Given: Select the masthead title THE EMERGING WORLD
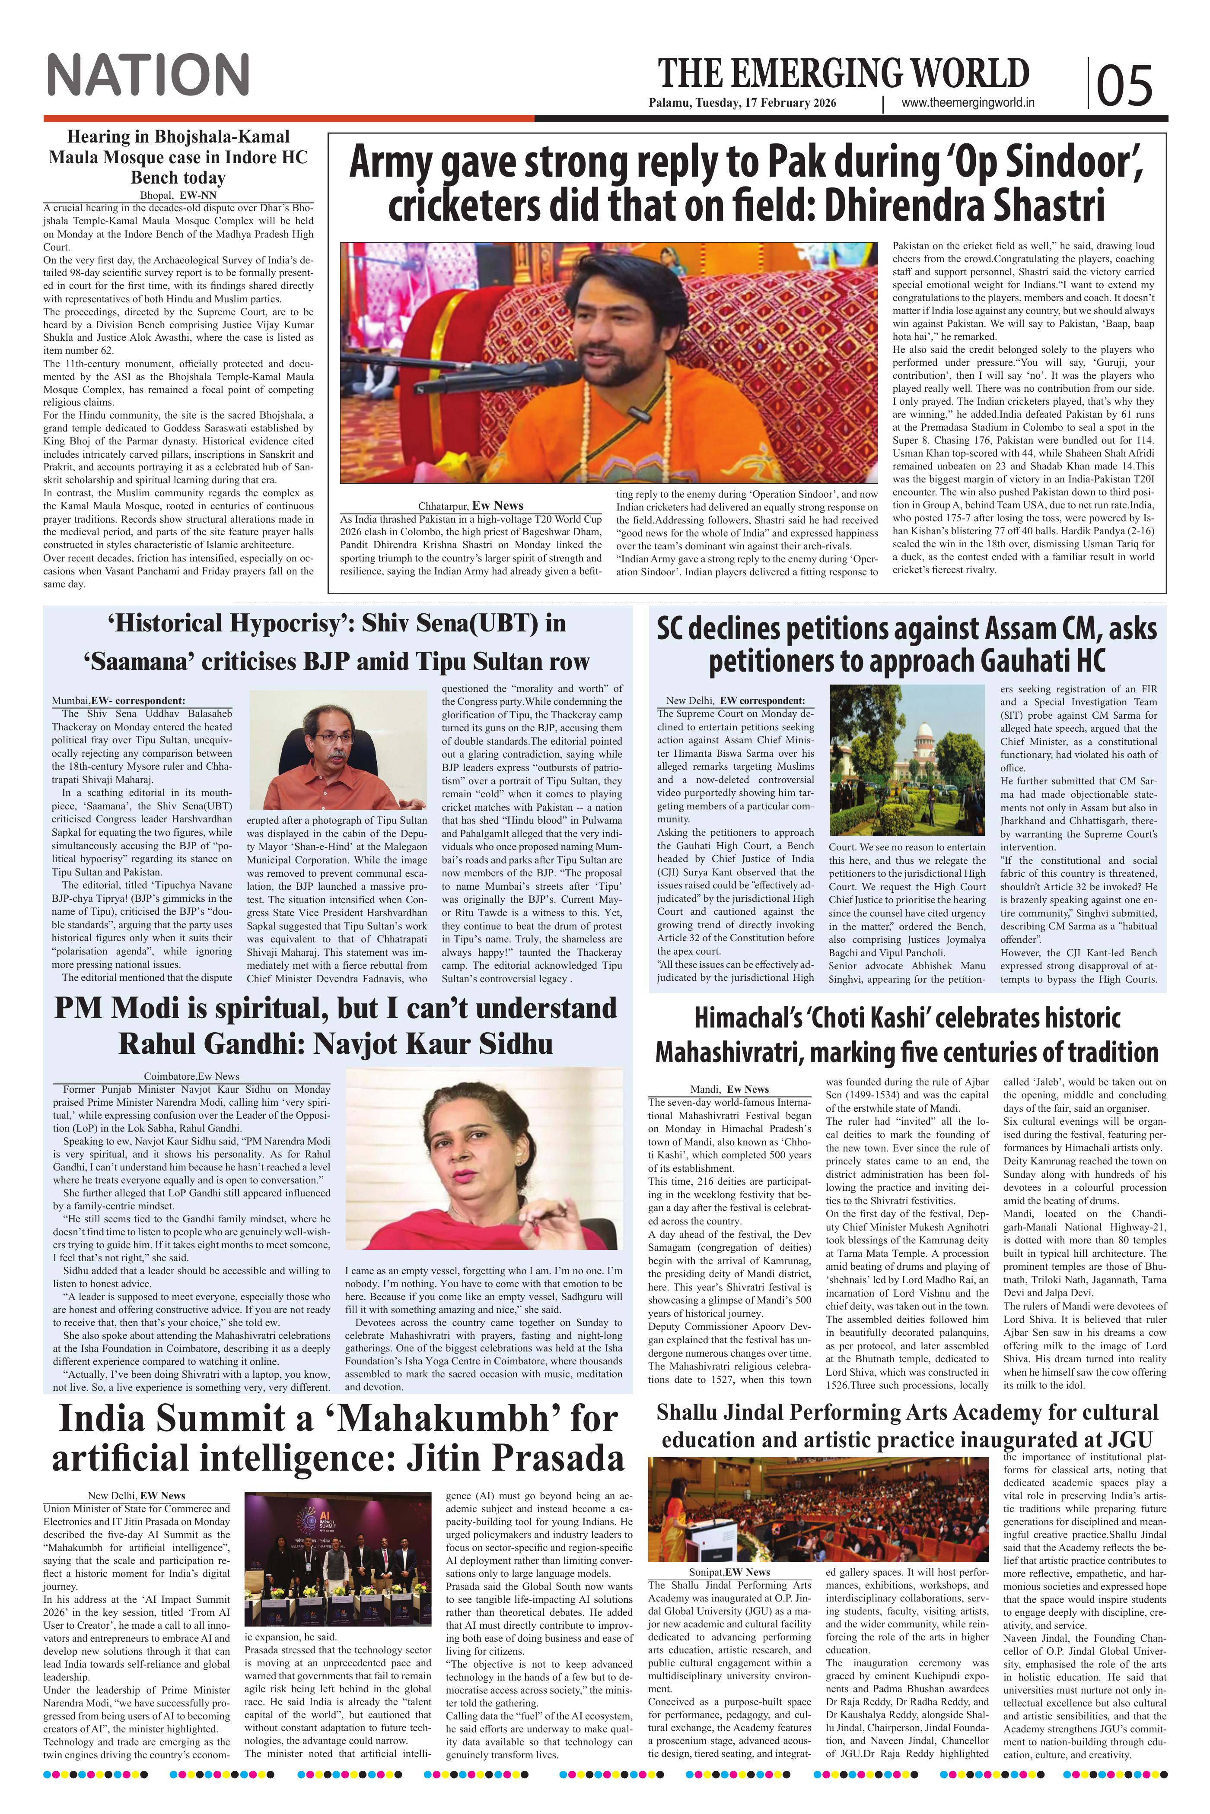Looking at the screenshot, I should [x=843, y=74].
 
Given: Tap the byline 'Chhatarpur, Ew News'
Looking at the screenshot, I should [x=471, y=506].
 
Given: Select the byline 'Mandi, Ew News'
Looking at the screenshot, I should [x=729, y=1089].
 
